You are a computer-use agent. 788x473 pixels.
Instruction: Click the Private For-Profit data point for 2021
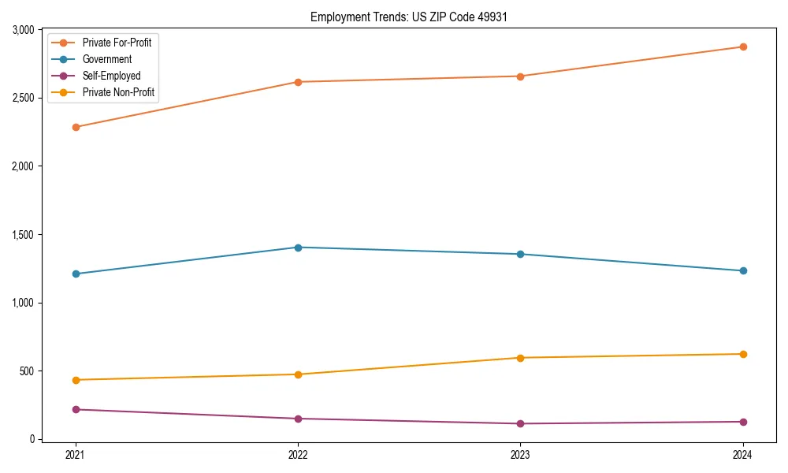tap(76, 127)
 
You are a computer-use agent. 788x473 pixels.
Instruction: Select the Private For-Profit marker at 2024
tap(743, 47)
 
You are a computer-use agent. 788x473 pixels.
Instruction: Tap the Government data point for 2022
tap(298, 248)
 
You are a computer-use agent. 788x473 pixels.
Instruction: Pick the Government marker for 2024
tap(743, 270)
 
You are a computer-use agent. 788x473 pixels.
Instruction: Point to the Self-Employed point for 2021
tap(76, 409)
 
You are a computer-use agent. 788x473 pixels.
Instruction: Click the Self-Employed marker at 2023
tap(521, 423)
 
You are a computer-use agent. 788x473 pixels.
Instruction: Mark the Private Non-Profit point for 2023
tap(521, 358)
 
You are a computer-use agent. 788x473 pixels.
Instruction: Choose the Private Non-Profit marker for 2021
tap(76, 380)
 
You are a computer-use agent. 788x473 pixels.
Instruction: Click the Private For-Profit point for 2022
tap(298, 82)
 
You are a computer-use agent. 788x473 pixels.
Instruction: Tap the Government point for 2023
tap(521, 254)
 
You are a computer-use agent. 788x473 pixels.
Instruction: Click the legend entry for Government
tap(106, 59)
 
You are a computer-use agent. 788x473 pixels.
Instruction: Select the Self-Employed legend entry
tap(111, 76)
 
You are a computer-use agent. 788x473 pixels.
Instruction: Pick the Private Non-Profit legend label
tap(118, 92)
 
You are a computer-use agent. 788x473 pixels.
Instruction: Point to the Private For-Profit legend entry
tap(117, 43)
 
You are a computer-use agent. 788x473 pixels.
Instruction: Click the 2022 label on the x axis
tap(298, 454)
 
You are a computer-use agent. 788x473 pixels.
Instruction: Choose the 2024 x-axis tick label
tap(743, 454)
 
